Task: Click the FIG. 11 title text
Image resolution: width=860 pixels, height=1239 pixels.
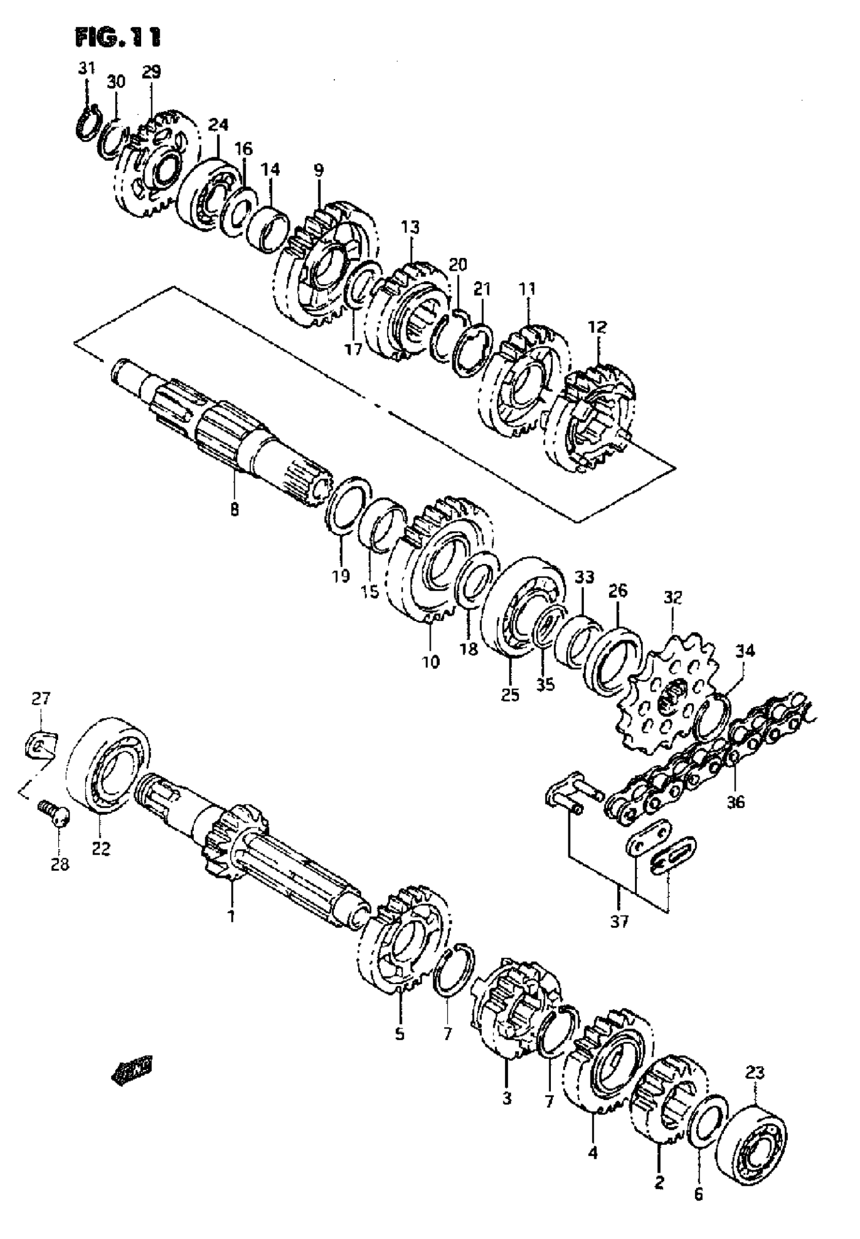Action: [x=118, y=37]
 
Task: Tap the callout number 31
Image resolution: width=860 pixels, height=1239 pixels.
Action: [x=86, y=68]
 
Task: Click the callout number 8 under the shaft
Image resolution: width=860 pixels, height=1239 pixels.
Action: [x=234, y=509]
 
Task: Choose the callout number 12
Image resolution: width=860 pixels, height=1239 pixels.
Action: [x=597, y=327]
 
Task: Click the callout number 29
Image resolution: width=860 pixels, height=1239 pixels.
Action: [x=151, y=72]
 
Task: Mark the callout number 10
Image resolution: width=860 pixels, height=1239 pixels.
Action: [x=431, y=661]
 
